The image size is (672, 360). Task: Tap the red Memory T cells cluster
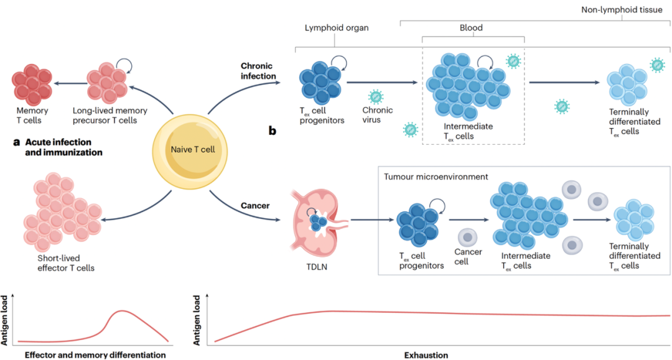(30, 86)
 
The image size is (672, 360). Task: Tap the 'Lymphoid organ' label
(336, 28)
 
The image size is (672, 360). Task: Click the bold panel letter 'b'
(272, 131)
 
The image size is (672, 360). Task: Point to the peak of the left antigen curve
(126, 310)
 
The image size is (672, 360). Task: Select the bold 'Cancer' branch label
(255, 205)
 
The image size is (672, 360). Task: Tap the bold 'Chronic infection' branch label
(259, 71)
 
